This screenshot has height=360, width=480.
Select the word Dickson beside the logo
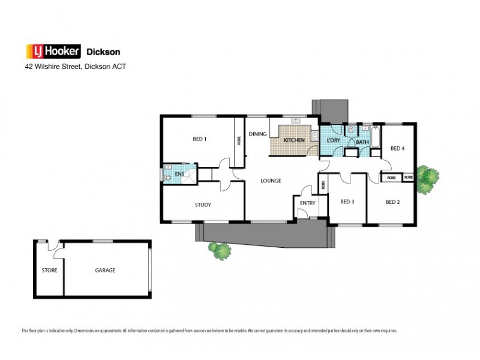[x=105, y=52]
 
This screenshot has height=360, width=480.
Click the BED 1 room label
[x=199, y=139]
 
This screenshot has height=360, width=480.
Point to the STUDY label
[x=202, y=205]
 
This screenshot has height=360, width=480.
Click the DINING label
[x=257, y=134]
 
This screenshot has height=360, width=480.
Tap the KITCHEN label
[x=294, y=140]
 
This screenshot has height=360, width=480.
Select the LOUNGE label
[x=271, y=180]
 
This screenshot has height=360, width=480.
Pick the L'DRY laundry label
[x=333, y=140]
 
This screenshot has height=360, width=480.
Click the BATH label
[x=362, y=142]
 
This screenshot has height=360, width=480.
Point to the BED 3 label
[x=347, y=202]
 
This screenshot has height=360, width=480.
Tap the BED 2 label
[x=392, y=202]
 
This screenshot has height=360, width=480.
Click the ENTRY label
[x=307, y=203]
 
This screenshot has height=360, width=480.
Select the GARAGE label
[x=105, y=270]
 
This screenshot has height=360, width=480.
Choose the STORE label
[x=49, y=270]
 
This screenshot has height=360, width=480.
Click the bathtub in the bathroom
[x=375, y=137]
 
